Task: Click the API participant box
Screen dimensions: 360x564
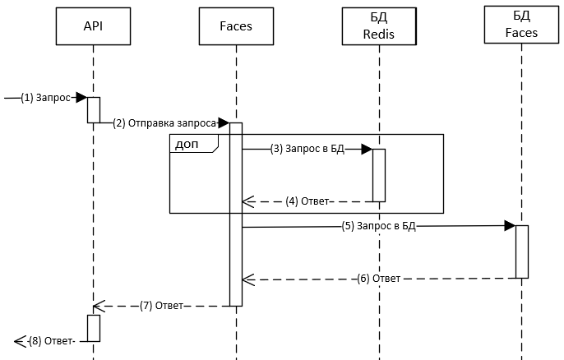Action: click(x=93, y=26)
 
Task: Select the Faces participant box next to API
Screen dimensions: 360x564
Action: click(x=237, y=26)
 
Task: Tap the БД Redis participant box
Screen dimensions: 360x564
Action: click(x=379, y=26)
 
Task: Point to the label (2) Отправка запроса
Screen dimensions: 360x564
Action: click(x=164, y=122)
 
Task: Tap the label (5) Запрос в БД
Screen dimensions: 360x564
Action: click(x=379, y=226)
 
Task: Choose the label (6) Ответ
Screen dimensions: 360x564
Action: click(x=378, y=278)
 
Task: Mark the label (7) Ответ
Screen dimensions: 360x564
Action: click(x=162, y=306)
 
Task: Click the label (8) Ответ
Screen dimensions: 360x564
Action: click(x=51, y=340)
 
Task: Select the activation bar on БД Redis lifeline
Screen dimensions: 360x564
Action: click(x=379, y=174)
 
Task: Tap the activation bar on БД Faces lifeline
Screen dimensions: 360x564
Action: click(x=522, y=251)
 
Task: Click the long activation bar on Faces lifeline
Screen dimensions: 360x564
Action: click(x=236, y=214)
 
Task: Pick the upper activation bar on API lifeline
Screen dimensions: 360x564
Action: click(x=94, y=109)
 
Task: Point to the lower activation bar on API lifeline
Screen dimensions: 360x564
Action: click(x=94, y=327)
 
